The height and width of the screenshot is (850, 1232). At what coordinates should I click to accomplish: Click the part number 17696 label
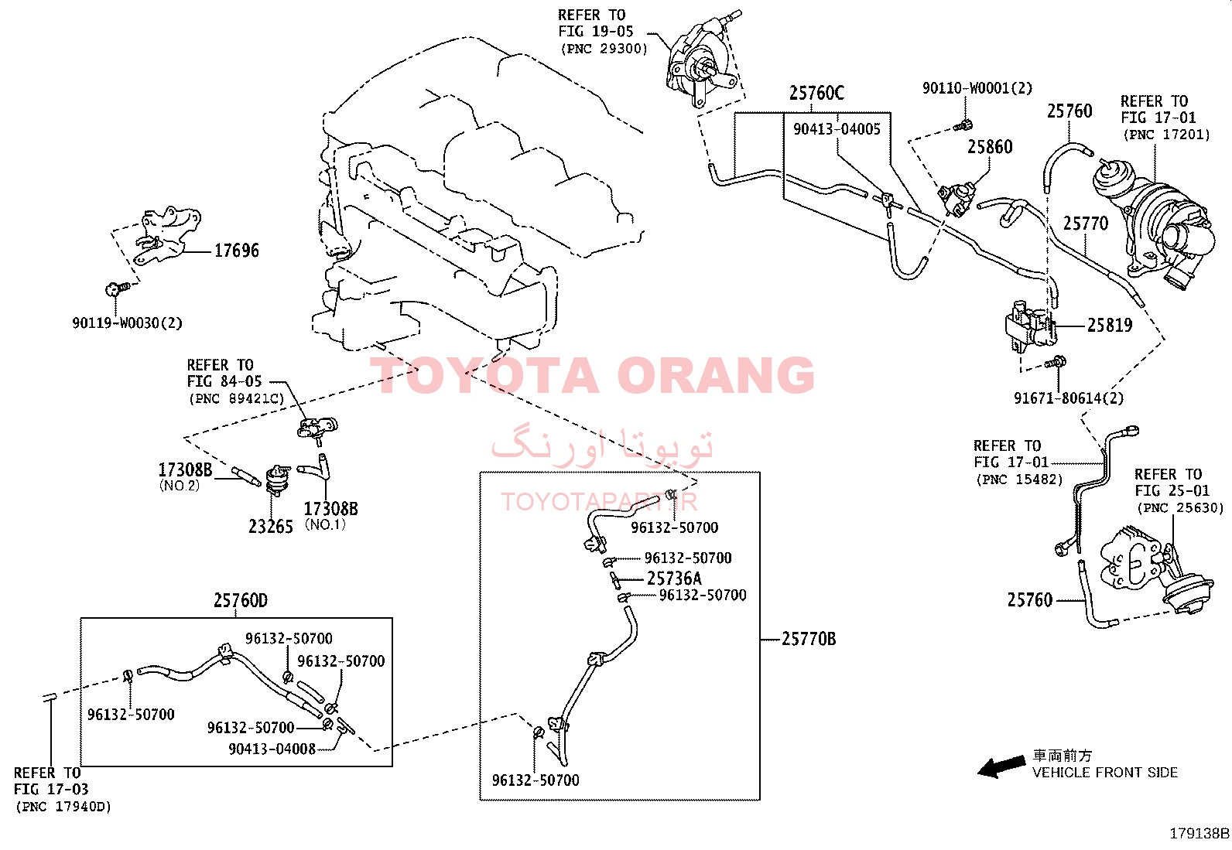[x=236, y=251]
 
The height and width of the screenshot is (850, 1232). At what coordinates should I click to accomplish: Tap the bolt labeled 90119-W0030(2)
[x=117, y=288]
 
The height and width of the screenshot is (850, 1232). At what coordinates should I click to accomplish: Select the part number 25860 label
[x=990, y=147]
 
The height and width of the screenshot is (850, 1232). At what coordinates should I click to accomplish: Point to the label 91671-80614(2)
[x=1069, y=398]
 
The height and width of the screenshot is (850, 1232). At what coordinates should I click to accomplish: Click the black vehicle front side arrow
[x=1001, y=766]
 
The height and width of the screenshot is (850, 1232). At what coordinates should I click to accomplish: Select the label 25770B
[x=809, y=639]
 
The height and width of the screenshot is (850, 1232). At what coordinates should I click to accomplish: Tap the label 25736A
[x=674, y=579]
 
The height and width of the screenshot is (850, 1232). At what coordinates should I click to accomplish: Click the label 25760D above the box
[x=241, y=600]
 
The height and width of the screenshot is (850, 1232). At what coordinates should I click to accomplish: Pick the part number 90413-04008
[x=272, y=749]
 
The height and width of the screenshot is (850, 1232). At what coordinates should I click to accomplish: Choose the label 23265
[x=271, y=527]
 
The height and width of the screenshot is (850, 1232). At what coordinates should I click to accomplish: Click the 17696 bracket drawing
[x=166, y=235]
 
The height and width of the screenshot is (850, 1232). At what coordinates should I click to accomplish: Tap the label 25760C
[x=816, y=93]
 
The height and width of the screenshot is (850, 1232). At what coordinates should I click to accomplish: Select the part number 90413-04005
[x=837, y=129]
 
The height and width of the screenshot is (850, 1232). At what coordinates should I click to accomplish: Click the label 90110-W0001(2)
[x=977, y=88]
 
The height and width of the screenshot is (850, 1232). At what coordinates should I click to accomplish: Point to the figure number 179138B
[x=1199, y=834]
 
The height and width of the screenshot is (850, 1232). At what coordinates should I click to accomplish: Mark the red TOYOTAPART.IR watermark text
[x=599, y=501]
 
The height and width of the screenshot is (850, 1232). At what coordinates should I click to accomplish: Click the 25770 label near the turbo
[x=1085, y=224]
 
